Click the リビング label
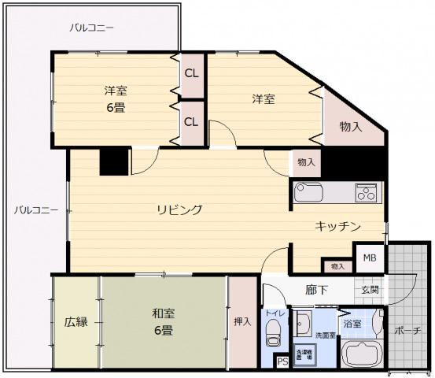point(179,209)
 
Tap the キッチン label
point(338,226)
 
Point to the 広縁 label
point(76,321)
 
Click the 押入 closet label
point(242,321)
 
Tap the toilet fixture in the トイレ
point(273,337)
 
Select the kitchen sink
point(308,192)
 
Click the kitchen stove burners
point(366,191)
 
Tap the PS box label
point(282,361)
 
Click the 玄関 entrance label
point(370,289)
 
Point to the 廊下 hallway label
point(316,289)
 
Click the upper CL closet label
point(191,73)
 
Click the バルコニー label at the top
point(91,28)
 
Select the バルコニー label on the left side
point(35,210)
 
